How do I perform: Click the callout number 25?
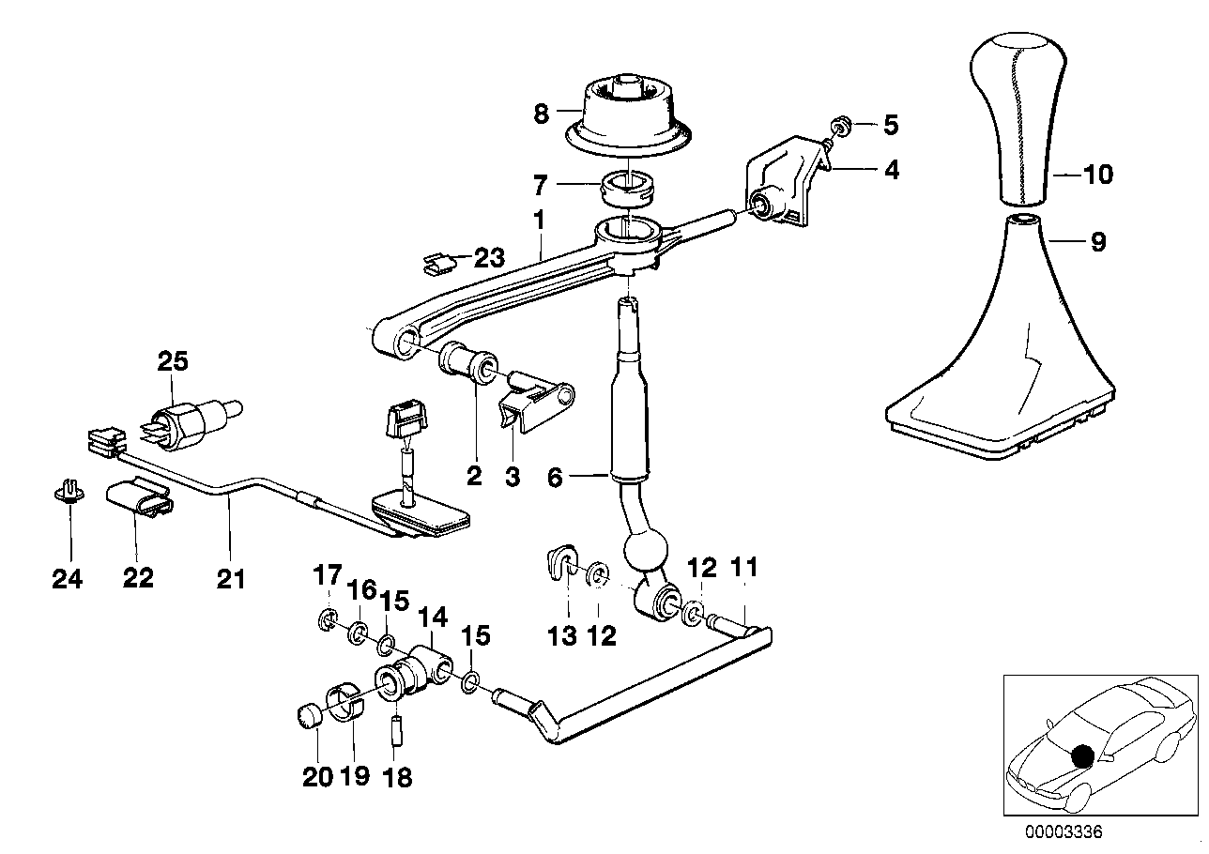tap(173, 361)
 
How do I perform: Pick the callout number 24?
tap(68, 579)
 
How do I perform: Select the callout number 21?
tap(231, 579)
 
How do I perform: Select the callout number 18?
tap(398, 777)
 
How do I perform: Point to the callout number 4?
tap(890, 170)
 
